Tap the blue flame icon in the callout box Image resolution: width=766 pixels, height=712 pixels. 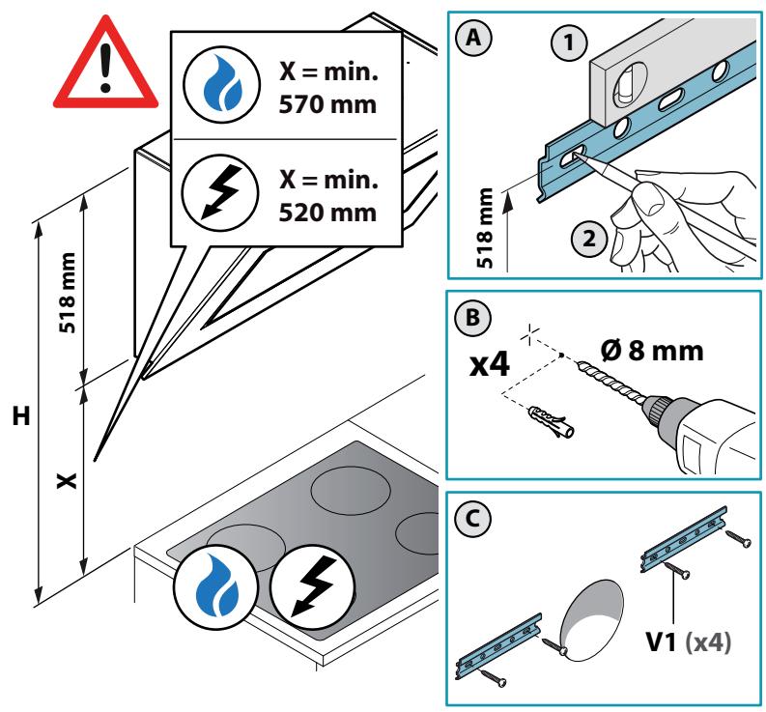[x=221, y=85]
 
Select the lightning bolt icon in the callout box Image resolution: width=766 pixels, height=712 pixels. [x=220, y=192]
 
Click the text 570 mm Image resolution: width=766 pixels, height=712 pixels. [x=327, y=104]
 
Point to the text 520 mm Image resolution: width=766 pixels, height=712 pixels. [x=327, y=213]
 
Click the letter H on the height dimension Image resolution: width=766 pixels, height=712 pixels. [x=21, y=416]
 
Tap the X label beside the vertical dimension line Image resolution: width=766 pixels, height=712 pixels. [x=67, y=480]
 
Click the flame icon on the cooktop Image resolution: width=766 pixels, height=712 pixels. [x=215, y=586]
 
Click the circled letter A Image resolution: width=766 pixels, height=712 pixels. [x=473, y=37]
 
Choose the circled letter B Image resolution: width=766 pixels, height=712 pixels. [x=473, y=318]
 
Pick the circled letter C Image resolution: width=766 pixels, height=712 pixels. [x=472, y=519]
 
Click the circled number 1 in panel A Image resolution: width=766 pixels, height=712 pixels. [x=569, y=43]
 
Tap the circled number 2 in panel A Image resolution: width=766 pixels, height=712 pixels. [x=589, y=239]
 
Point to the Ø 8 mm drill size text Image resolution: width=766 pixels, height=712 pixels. [x=652, y=351]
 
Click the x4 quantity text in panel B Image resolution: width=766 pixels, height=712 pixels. [x=490, y=364]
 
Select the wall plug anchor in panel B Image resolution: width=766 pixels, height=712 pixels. [x=551, y=422]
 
